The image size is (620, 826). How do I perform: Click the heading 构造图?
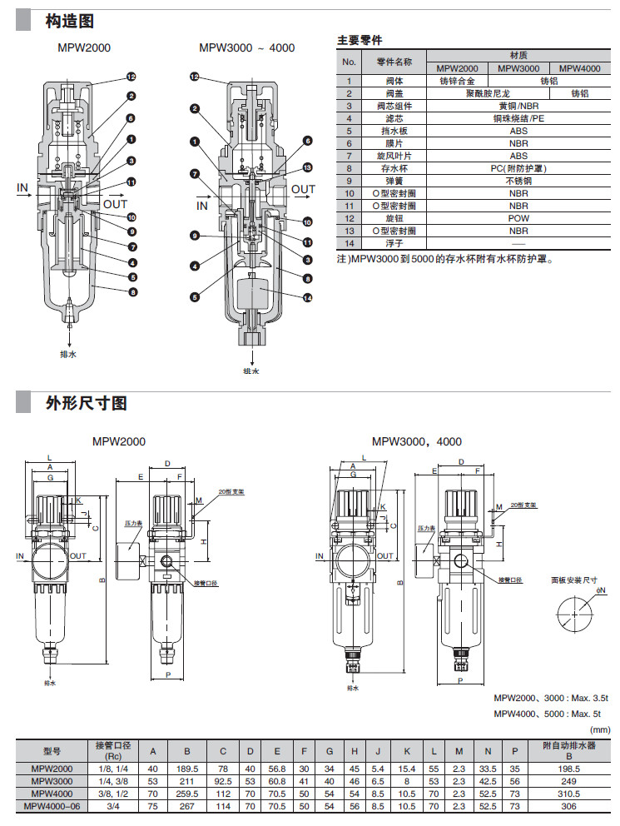(69, 21)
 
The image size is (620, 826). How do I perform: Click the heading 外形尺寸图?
(86, 403)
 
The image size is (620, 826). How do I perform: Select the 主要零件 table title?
(360, 40)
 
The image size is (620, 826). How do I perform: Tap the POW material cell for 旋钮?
(518, 218)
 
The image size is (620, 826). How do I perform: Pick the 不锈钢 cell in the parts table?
(518, 181)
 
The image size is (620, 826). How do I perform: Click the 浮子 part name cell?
(394, 243)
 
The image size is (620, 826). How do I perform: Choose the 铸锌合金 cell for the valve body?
(457, 82)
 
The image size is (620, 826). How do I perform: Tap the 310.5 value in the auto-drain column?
(570, 794)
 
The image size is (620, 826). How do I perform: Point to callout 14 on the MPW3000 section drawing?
(307, 297)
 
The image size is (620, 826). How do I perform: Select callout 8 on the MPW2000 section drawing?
(131, 291)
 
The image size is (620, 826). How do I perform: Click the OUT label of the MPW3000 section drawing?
(303, 189)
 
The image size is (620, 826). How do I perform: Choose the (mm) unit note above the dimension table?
(601, 729)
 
